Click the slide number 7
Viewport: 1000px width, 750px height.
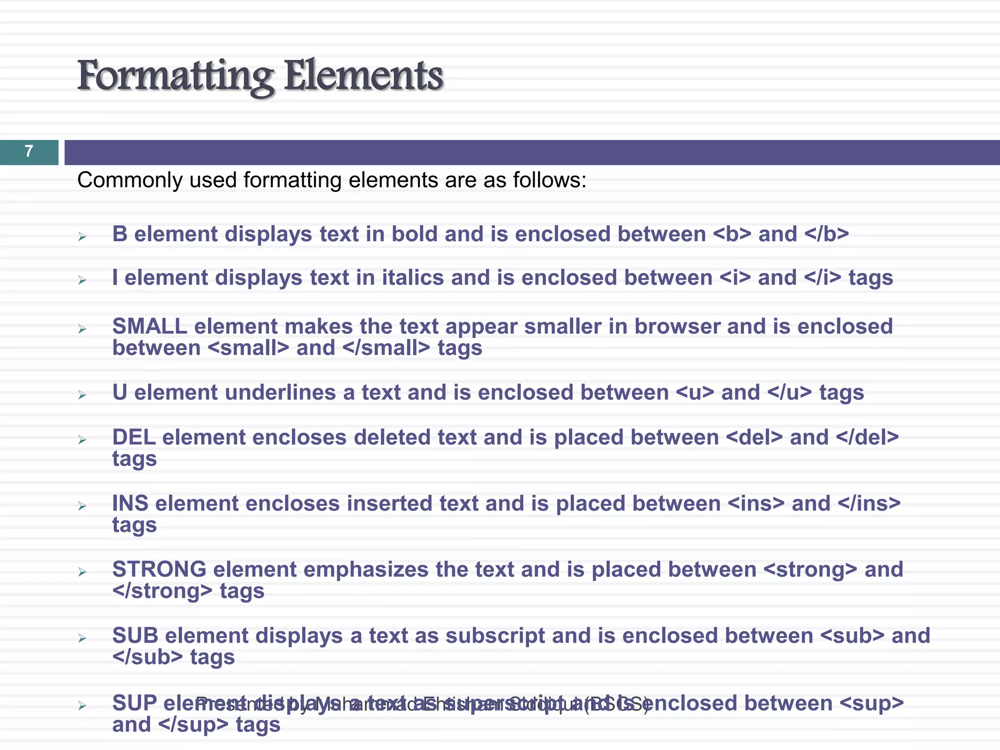[x=29, y=151]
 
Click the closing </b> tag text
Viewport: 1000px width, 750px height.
[x=826, y=234]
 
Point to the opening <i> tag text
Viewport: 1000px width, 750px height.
[x=734, y=278]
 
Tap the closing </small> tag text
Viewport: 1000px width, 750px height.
[x=386, y=348]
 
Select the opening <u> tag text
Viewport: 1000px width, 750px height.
[x=695, y=393]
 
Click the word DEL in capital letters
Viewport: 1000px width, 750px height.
[x=134, y=437]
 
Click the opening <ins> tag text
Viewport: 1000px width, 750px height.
[x=756, y=503]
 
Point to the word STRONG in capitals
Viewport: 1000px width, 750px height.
[x=159, y=569]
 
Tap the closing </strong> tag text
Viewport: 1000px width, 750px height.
[x=163, y=591]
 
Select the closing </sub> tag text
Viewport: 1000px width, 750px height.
[x=148, y=657]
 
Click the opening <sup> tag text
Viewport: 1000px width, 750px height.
[x=872, y=703]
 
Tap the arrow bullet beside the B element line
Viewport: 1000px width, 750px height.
[x=82, y=237]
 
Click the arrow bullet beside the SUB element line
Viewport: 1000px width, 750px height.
[x=82, y=638]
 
